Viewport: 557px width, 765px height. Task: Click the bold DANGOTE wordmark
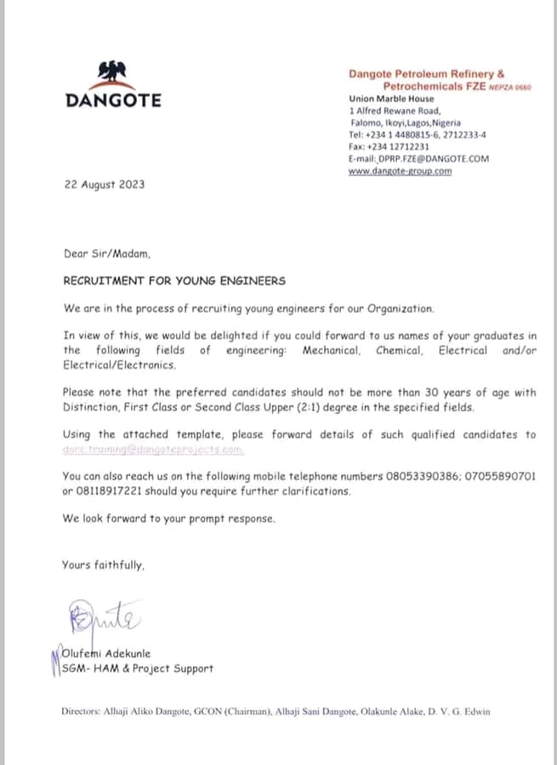coord(113,100)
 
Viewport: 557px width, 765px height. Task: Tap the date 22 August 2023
coord(105,184)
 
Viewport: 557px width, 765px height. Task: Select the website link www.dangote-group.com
coord(400,171)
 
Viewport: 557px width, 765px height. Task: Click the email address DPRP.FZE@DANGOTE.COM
coord(430,159)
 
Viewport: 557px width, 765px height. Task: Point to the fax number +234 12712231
coord(389,146)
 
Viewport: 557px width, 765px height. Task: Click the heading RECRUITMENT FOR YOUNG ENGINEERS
coord(174,280)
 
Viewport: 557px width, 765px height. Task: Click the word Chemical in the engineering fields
coord(398,350)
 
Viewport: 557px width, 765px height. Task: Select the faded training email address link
coord(153,449)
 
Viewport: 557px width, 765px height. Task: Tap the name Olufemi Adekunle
coord(106,654)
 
